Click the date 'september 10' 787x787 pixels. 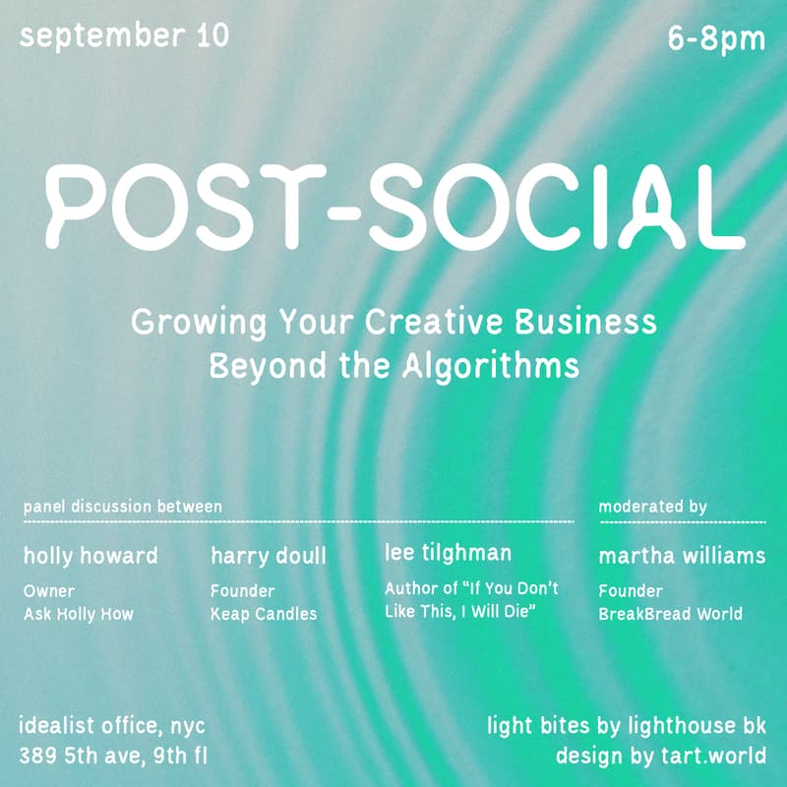124,37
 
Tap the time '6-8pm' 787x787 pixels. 715,40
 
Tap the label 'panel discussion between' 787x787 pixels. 123,507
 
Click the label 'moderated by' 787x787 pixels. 653,507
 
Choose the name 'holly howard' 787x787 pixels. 91,556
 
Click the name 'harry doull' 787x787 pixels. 268,557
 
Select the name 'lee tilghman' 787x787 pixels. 448,554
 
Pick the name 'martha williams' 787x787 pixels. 682,556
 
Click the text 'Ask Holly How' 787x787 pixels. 78,615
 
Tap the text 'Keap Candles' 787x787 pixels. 264,615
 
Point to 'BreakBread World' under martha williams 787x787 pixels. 670,615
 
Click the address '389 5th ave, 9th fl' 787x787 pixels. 113,757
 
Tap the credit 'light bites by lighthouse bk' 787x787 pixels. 627,728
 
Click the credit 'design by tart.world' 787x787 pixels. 661,757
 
